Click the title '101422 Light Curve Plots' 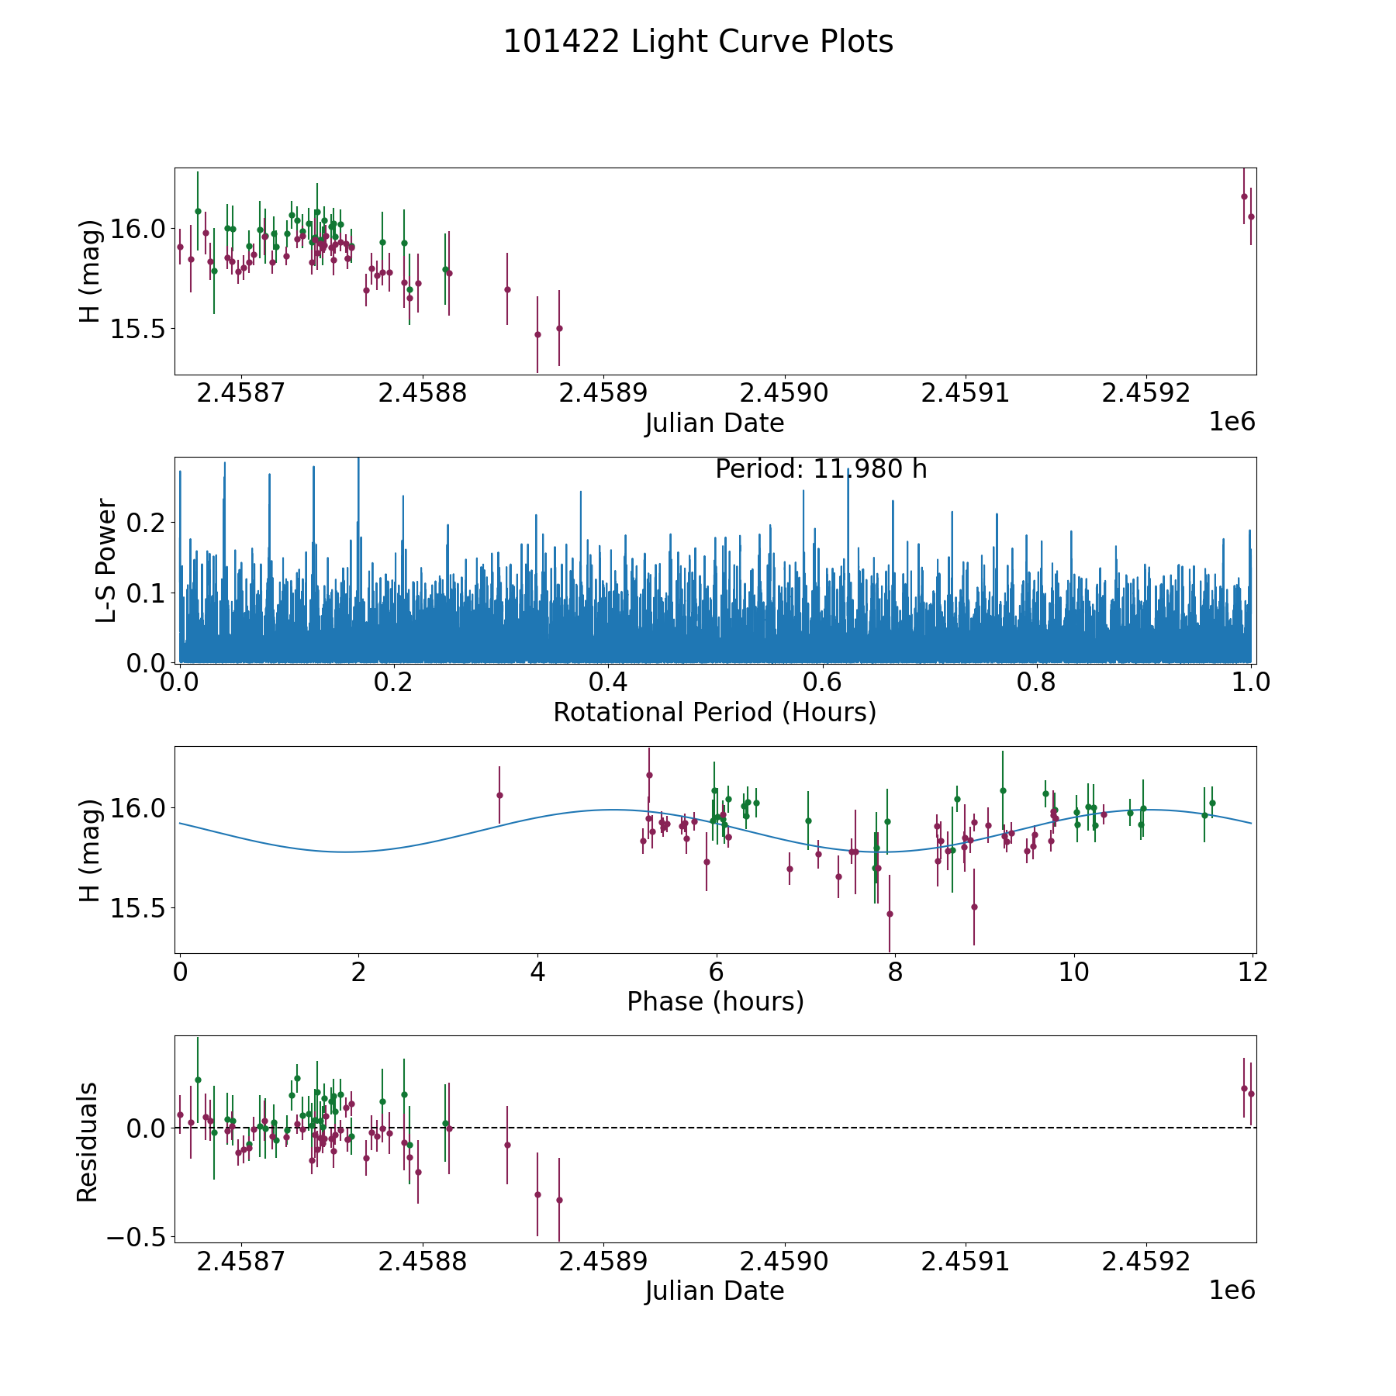[698, 42]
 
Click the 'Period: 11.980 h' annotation [821, 469]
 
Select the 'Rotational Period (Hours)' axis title [714, 712]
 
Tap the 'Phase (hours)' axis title [715, 1001]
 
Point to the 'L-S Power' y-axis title [106, 560]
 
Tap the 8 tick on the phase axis [895, 972]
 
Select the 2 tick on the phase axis [358, 972]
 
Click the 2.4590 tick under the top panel [784, 393]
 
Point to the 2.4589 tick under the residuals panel [603, 1261]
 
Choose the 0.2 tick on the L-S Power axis [146, 523]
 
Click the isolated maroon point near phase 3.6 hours [499, 795]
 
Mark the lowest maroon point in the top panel [537, 334]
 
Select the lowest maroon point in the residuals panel [559, 1200]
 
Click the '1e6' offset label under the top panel [1232, 422]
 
